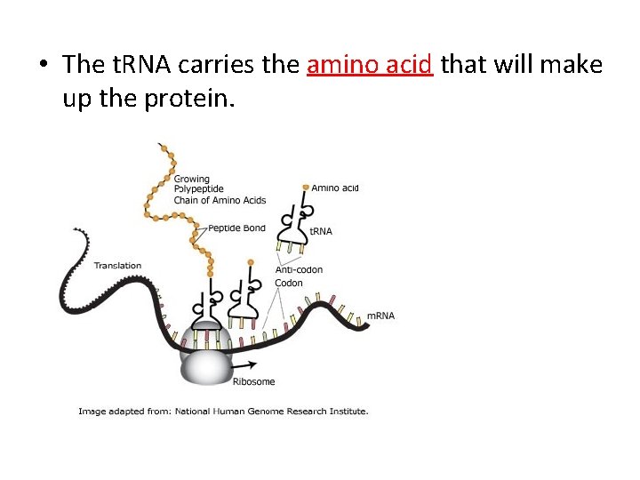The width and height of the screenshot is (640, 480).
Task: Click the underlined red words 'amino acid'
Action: click(x=369, y=65)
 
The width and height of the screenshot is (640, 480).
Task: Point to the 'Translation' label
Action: click(x=117, y=265)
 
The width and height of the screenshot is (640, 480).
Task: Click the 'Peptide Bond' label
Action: click(x=236, y=228)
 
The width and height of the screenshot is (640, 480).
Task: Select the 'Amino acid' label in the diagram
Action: click(x=335, y=188)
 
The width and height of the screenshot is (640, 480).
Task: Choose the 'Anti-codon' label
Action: click(x=299, y=269)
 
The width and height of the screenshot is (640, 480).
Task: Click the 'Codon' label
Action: click(x=288, y=283)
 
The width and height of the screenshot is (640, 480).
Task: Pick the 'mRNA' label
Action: click(x=380, y=316)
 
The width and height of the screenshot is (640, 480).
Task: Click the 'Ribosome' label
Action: click(x=253, y=382)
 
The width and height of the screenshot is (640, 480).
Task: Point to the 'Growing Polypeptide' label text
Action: click(x=199, y=184)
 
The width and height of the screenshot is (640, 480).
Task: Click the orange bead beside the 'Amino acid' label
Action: click(x=306, y=188)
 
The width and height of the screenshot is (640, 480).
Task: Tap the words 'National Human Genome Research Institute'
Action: click(x=270, y=412)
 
